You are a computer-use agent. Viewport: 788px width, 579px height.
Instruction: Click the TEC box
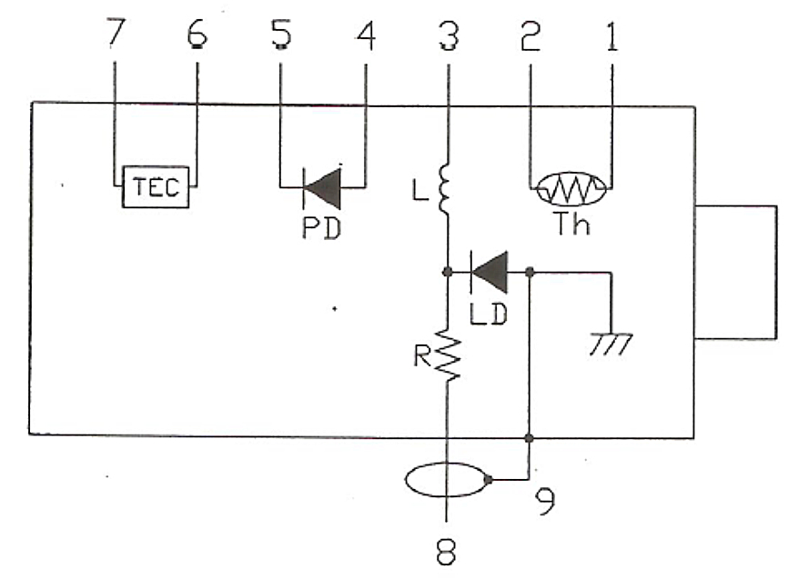(x=157, y=188)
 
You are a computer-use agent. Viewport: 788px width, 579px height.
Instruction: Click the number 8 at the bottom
(x=447, y=552)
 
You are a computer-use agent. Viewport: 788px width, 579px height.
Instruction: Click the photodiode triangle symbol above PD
(x=321, y=188)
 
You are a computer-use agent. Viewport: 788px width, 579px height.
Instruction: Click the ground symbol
(x=610, y=344)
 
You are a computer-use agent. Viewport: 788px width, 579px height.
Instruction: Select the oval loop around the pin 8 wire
(x=448, y=481)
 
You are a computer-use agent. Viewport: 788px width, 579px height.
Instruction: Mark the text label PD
(x=321, y=228)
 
